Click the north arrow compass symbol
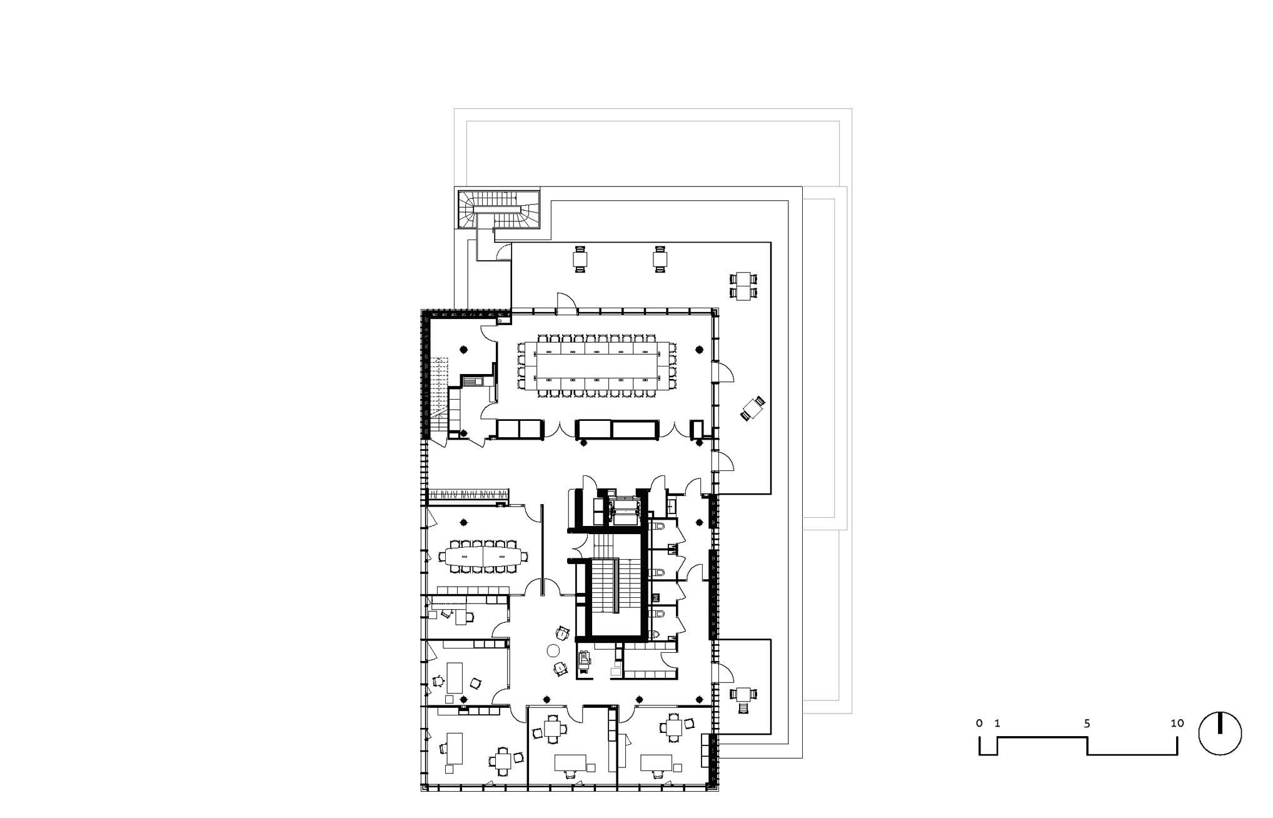tap(1220, 733)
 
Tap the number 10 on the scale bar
tap(1177, 723)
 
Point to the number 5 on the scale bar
tap(1087, 723)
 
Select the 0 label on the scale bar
tap(979, 723)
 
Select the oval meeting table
tap(483, 556)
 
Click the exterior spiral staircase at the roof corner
tap(498, 210)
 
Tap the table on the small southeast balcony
tap(743, 694)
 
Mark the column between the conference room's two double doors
tap(583, 443)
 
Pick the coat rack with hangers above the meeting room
tap(468, 496)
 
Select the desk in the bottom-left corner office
tap(455, 749)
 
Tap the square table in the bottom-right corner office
tap(673, 727)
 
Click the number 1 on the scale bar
tap(997, 723)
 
